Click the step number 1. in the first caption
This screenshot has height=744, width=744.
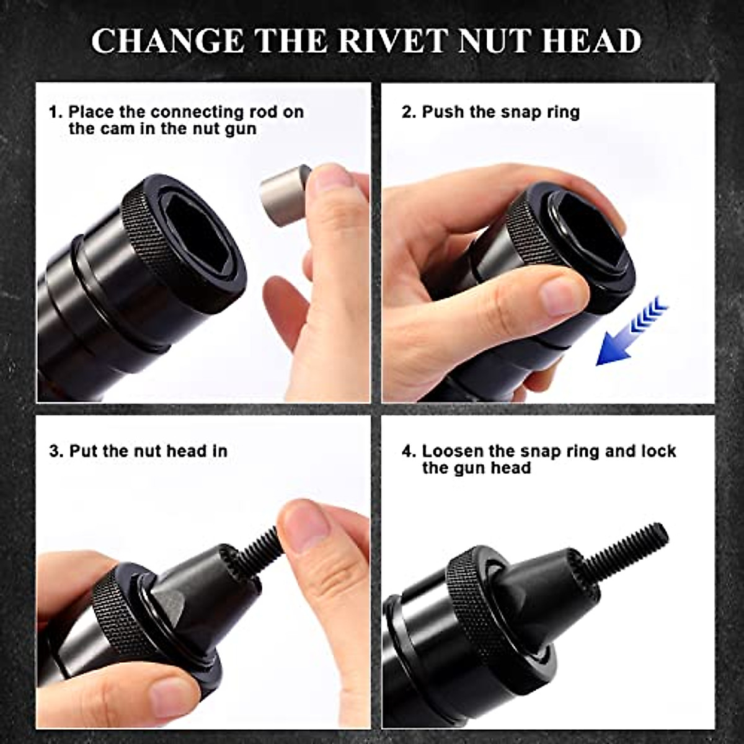point(56,112)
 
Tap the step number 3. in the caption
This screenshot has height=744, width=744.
point(56,451)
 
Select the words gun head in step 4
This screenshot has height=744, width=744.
point(477,468)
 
